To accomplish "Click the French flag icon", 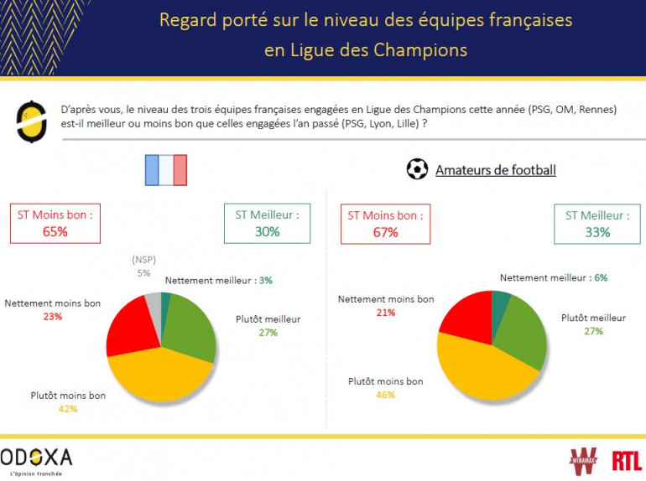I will click(165, 169).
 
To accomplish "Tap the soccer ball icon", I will click(417, 169).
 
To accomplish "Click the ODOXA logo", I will click(36, 458).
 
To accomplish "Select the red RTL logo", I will click(626, 460).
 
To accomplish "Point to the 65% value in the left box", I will click(55, 231).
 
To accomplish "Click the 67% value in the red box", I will click(385, 232).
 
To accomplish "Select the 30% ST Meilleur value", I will click(268, 232).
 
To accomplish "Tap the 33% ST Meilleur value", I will click(597, 232).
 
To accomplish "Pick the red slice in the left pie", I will click(131, 328).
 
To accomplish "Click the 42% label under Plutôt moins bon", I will click(68, 409).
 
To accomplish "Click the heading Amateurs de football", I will click(495, 170).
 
